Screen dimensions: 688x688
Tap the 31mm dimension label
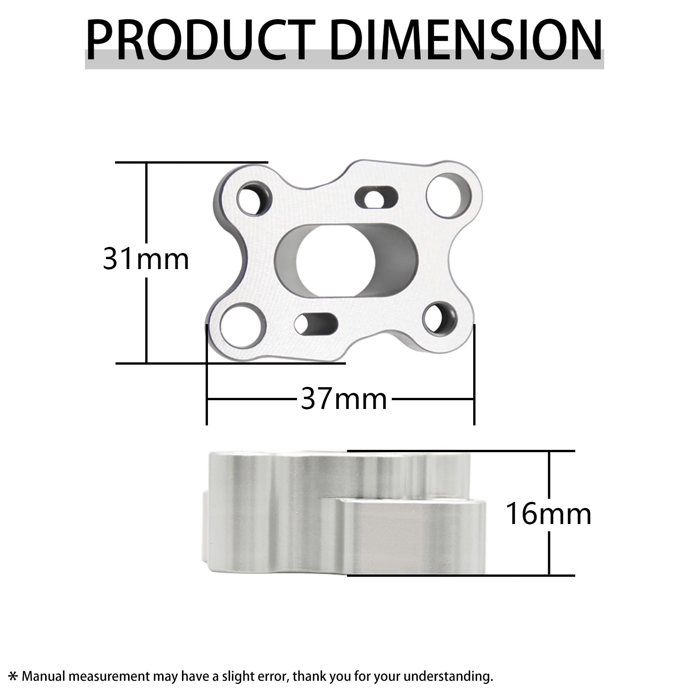tap(146, 260)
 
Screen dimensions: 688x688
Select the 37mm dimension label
tap(344, 399)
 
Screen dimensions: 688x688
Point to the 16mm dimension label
tap(548, 514)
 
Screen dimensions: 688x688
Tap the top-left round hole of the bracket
tap(254, 200)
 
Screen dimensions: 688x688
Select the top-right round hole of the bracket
tap(449, 195)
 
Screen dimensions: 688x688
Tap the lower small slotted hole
tap(316, 323)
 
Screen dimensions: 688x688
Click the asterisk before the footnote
tap(13, 677)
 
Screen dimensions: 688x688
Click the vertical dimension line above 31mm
tap(146, 203)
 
